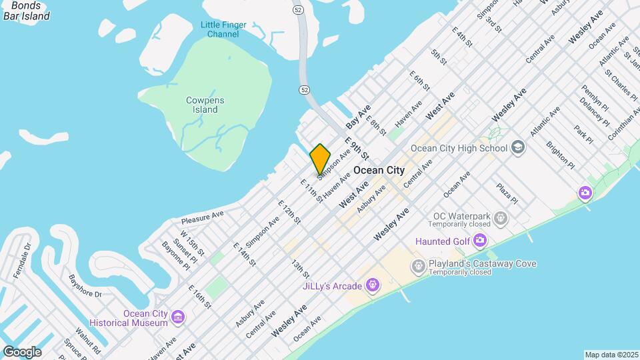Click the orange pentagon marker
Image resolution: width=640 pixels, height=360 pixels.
(320, 159)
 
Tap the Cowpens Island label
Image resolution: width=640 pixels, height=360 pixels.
(205, 105)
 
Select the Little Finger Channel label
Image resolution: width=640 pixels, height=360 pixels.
(223, 29)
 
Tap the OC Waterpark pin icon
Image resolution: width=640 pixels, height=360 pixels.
(501, 218)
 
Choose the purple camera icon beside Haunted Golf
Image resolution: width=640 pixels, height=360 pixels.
(480, 241)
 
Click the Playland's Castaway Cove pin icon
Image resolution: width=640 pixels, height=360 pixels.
(418, 267)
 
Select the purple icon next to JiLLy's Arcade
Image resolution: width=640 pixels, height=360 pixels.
(372, 287)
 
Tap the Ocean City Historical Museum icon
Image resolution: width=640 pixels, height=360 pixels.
(179, 317)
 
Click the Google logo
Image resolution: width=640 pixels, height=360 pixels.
(22, 351)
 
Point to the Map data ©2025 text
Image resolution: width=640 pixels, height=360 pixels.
(611, 355)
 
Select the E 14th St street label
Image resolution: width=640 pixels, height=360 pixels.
(245, 254)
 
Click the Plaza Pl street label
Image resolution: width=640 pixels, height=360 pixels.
(507, 193)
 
